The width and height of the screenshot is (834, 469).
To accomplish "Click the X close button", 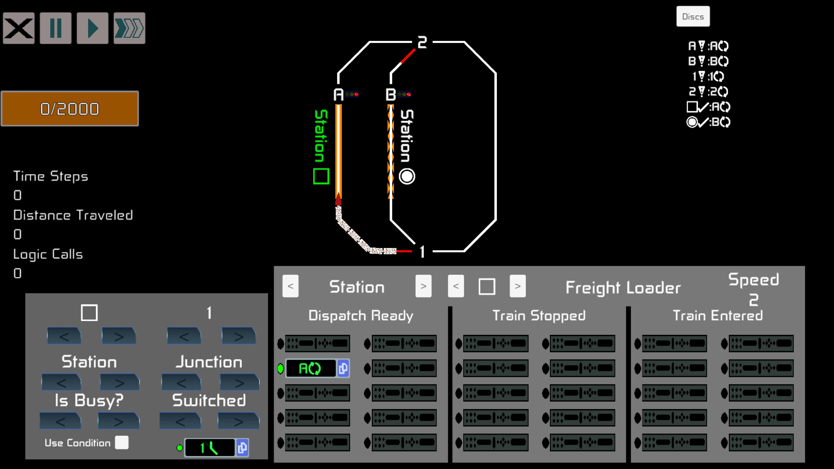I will [19, 29].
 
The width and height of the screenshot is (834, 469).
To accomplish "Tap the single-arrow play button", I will [93, 29].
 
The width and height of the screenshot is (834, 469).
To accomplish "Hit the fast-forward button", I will [129, 29].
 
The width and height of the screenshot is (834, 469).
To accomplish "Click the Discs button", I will [693, 17].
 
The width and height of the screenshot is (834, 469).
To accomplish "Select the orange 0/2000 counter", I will [70, 109].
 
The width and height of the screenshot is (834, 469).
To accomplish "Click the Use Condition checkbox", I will [122, 443].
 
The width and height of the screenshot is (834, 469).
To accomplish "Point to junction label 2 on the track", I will [422, 43].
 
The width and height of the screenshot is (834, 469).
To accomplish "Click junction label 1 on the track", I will [422, 252].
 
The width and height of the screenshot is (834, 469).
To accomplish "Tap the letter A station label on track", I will [338, 95].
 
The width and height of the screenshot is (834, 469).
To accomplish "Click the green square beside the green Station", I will [321, 176].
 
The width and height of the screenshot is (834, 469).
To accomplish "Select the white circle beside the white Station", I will [407, 176].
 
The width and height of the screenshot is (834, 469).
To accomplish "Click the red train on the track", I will [338, 200].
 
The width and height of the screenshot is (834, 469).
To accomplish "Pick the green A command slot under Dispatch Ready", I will [311, 369].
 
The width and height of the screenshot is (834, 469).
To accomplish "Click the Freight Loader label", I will [623, 287].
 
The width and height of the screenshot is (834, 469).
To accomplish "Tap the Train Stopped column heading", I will [539, 316].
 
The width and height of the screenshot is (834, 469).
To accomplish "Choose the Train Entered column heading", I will [718, 316].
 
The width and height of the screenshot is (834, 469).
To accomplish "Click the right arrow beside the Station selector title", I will [423, 286].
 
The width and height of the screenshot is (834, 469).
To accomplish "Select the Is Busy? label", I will [89, 400].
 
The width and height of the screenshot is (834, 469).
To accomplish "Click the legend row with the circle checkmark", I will [708, 122].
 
